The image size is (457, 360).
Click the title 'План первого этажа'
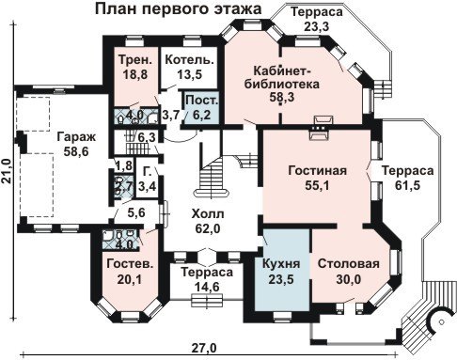click(178, 9)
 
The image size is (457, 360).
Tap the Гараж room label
click(76, 137)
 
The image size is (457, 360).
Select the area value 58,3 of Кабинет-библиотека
click(282, 98)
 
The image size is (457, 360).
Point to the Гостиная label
click(317, 171)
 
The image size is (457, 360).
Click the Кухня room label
click(281, 263)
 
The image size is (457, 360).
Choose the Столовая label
click(349, 263)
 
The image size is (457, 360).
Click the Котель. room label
click(189, 59)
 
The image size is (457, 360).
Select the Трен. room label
click(135, 59)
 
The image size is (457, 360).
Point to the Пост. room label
click(201, 101)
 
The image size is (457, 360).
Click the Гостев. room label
click(130, 264)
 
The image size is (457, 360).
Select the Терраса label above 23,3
click(317, 12)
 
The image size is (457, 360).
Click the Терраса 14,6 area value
click(207, 287)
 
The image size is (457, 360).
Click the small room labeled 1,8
click(124, 165)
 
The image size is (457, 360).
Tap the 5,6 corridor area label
click(136, 213)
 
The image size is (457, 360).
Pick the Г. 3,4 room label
click(147, 180)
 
